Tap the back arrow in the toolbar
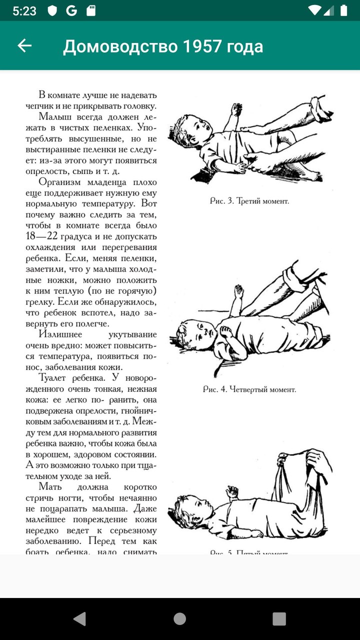pos(24,46)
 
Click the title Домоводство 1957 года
pos(163,46)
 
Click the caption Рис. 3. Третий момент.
pos(249,201)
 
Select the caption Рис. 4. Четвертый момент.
pos(249,389)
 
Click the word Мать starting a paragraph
pos(51,487)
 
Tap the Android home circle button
pos(180,618)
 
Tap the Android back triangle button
pos(79,618)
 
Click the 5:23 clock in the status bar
pos(23,11)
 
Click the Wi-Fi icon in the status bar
pos(314,11)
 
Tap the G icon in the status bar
pos(71,11)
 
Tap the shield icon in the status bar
pos(52,11)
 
